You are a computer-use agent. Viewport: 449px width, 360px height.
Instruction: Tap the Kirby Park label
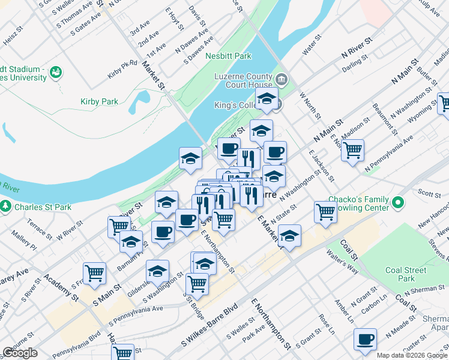[x=99, y=102]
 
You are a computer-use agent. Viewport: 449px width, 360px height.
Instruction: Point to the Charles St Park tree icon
[x=6, y=208]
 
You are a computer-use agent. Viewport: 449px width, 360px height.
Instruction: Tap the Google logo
[x=20, y=352]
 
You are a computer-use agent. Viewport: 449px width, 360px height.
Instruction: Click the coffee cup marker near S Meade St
[x=365, y=340]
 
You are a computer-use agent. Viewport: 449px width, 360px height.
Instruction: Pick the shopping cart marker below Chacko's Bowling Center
[x=325, y=211]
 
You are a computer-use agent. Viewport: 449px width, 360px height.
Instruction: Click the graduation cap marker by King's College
[x=267, y=99]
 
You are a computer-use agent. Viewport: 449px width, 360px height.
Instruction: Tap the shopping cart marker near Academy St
[x=94, y=273]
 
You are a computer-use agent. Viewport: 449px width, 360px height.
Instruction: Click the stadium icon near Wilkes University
[x=56, y=72]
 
